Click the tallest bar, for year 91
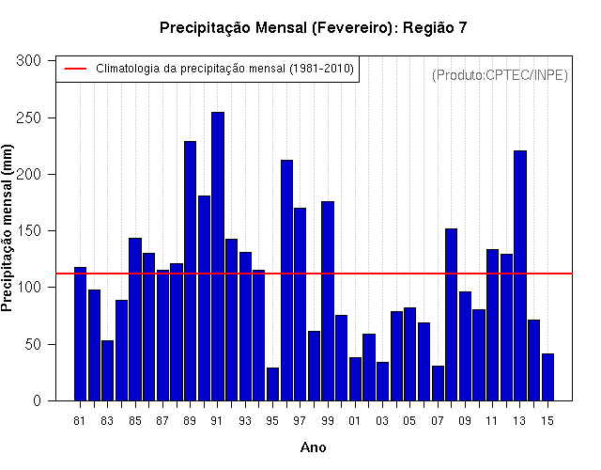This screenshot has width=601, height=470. [x=218, y=257]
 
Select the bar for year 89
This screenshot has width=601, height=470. [x=190, y=271]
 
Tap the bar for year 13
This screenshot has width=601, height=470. [x=520, y=275]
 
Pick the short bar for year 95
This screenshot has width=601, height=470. [x=272, y=384]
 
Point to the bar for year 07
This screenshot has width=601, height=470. [x=438, y=384]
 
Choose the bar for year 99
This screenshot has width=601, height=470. [x=328, y=301]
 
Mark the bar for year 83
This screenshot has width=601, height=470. [x=108, y=370]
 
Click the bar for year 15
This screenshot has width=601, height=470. [x=547, y=377]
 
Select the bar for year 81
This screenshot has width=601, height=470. [x=80, y=334]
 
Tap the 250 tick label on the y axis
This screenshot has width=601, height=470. [x=28, y=117]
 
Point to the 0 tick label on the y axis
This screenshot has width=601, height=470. [x=37, y=401]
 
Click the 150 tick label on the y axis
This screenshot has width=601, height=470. [x=28, y=231]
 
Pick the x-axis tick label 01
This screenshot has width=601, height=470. [x=355, y=421]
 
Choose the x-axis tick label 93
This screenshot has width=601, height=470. [x=245, y=421]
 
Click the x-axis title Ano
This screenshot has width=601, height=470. [x=313, y=447]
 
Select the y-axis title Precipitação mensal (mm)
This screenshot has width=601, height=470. [x=7, y=227]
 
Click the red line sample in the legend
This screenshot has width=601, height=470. [x=75, y=69]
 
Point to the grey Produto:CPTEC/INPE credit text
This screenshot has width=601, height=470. [x=500, y=75]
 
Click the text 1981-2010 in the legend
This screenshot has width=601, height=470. [x=321, y=69]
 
